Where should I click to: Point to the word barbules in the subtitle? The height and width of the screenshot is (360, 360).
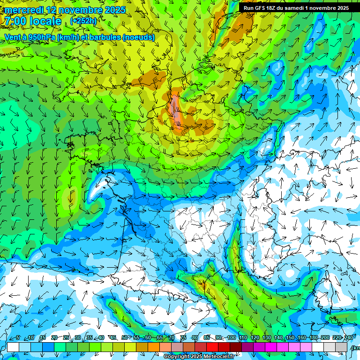(x=102, y=37)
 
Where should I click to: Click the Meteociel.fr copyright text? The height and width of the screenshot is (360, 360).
(x=199, y=357)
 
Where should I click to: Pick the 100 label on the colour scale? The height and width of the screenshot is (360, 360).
(x=232, y=338)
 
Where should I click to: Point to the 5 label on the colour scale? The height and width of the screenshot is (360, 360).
(x=18, y=338)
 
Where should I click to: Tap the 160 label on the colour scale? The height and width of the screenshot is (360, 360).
(x=302, y=338)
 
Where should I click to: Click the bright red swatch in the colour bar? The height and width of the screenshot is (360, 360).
(x=212, y=347)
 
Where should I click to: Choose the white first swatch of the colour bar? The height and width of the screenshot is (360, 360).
(x=13, y=347)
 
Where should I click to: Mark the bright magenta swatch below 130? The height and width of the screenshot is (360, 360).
(x=271, y=347)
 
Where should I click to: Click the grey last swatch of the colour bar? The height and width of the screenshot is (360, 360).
(x=341, y=347)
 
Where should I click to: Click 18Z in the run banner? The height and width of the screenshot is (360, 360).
(x=271, y=8)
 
